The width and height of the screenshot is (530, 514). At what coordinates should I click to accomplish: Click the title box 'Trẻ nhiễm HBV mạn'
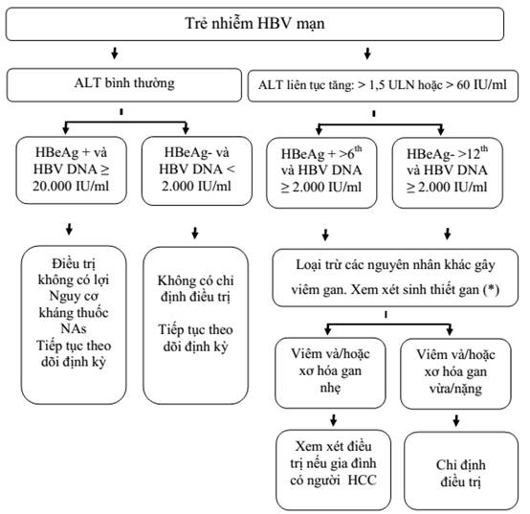(254, 24)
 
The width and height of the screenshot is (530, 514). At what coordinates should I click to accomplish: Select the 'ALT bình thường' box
(124, 84)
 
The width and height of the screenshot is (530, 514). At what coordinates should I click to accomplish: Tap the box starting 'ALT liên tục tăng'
(383, 85)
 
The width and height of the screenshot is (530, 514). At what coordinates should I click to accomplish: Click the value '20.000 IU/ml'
(71, 186)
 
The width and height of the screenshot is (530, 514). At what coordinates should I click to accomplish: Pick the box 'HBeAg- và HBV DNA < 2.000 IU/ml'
(197, 170)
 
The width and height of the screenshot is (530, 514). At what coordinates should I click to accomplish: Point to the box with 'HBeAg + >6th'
(321, 172)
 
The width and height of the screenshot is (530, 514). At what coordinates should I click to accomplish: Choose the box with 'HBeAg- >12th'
(447, 172)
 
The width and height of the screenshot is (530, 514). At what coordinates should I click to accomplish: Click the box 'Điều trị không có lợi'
(74, 324)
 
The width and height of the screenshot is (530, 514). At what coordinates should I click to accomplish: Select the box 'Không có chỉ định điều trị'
(195, 325)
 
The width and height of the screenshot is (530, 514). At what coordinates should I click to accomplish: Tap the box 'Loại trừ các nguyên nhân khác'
(395, 278)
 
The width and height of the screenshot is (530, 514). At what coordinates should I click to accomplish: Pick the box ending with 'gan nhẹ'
(330, 372)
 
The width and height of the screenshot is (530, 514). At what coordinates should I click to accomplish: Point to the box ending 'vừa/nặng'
(455, 373)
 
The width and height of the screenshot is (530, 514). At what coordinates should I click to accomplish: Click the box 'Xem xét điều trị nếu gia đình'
(333, 470)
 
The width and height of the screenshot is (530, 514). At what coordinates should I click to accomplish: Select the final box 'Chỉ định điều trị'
(461, 471)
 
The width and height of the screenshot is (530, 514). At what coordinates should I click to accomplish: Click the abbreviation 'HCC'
(362, 480)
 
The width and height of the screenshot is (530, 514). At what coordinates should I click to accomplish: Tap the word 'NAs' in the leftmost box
(74, 328)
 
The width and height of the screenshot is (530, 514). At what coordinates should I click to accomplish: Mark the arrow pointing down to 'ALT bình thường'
(115, 54)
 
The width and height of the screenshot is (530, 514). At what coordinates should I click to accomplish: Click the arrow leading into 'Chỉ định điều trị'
(456, 421)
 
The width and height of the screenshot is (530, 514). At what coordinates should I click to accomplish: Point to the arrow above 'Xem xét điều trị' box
(334, 420)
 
